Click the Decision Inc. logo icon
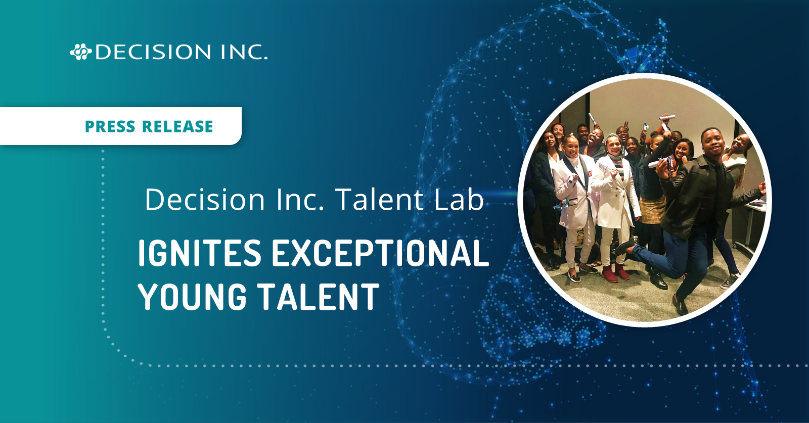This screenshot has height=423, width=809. [80, 52]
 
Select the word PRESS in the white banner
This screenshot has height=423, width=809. [110, 126]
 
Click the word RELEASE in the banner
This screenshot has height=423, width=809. [177, 126]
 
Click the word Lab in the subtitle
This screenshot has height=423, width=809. [459, 200]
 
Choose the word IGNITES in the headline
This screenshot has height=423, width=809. [199, 253]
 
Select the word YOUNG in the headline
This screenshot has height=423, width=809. [192, 297]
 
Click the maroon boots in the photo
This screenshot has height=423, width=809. [615, 272]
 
